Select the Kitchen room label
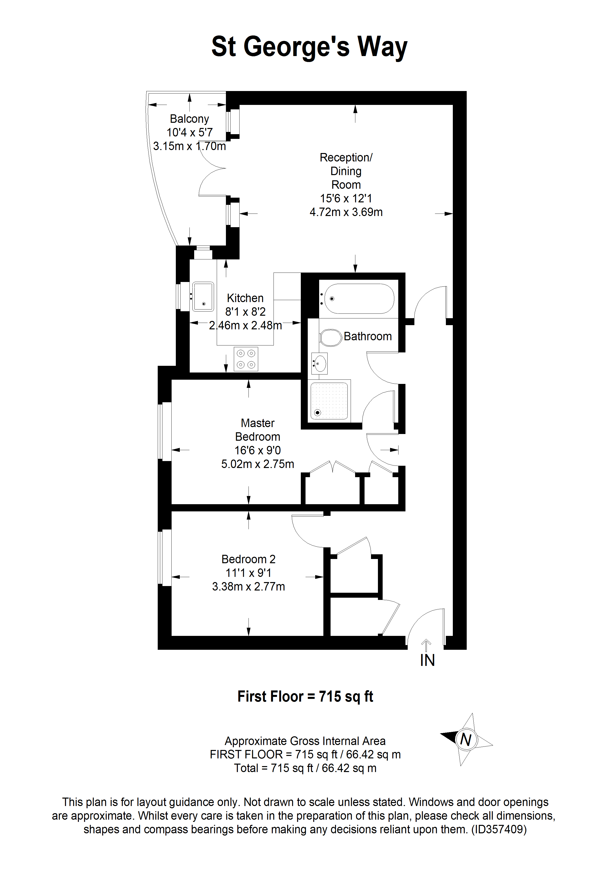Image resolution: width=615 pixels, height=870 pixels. pos(245,298)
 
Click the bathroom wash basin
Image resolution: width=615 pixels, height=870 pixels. pos(319,363)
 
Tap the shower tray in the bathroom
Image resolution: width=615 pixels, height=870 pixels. pos(329,401)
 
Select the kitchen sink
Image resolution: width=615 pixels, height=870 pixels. pos(203,296)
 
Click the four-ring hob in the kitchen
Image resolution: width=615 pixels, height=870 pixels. pos(246,359)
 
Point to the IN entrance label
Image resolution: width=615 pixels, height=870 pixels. pos(428,660)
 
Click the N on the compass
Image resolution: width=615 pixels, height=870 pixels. pos(466,739)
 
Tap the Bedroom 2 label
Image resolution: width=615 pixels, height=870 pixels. pos(248,559)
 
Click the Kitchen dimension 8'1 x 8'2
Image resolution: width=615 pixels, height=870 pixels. pos(245,311)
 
